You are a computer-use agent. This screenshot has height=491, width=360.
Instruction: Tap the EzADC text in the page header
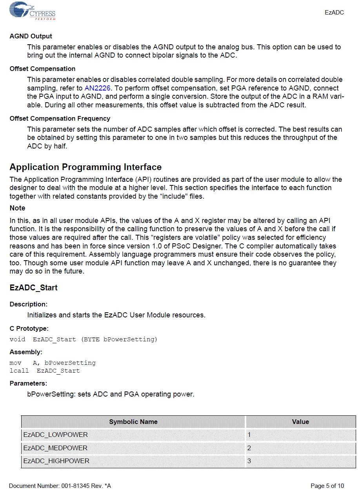coord(334,13)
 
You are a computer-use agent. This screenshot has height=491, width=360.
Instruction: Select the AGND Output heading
coord(31,36)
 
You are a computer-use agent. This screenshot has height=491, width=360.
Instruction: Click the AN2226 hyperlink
coord(97,88)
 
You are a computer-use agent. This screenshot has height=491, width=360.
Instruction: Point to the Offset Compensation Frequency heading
coord(60,118)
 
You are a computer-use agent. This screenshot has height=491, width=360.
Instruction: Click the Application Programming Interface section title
coord(85,167)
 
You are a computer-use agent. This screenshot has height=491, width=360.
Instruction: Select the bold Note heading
coord(17,208)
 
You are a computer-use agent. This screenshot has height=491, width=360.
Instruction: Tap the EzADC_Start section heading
coord(33,288)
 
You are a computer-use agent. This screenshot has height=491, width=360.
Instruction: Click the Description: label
coord(28,304)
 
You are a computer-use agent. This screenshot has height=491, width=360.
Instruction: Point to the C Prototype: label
coord(29,329)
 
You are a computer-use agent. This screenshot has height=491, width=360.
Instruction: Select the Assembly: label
coord(26,352)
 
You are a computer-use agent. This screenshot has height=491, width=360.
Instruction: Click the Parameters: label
coord(28,384)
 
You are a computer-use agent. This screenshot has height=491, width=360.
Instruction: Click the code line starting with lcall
coord(45,371)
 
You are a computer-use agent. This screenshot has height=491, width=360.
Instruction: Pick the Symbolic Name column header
coord(133,422)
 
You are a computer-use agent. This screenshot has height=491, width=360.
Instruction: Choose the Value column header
coord(300,422)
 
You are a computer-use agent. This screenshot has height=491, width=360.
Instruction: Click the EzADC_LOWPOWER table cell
coord(55,435)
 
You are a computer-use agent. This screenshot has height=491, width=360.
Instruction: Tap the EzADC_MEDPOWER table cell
coord(55,448)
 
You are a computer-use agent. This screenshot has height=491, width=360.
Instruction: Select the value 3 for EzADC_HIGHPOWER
coord(249,461)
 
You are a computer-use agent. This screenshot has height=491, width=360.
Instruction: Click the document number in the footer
coord(60,486)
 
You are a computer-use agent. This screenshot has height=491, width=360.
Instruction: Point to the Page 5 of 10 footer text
coord(327,486)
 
